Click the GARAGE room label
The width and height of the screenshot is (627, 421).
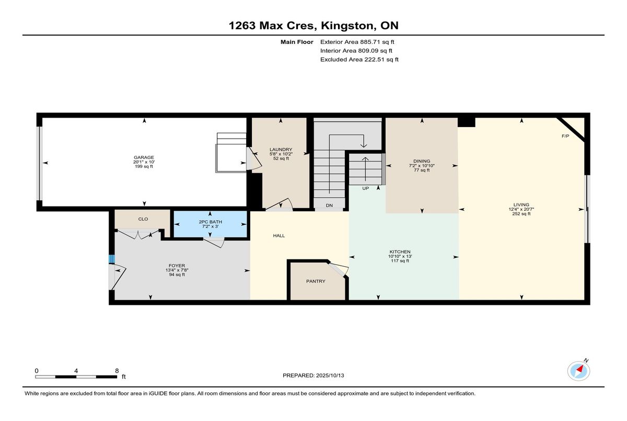pyautogui.click(x=144, y=157)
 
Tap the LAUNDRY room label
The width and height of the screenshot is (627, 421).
pyautogui.click(x=281, y=149)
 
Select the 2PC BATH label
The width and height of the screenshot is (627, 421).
pyautogui.click(x=210, y=222)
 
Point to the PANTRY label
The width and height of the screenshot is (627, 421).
pyautogui.click(x=316, y=281)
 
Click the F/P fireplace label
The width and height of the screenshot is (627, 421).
pyautogui.click(x=565, y=136)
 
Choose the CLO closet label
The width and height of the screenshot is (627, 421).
pyautogui.click(x=143, y=219)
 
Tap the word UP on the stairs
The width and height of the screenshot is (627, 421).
pyautogui.click(x=366, y=188)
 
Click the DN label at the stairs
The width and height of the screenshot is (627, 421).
pyautogui.click(x=329, y=206)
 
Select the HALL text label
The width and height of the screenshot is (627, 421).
pyautogui.click(x=279, y=236)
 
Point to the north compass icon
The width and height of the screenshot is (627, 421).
pyautogui.click(x=579, y=370)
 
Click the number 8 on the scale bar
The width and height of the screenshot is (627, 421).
pyautogui.click(x=117, y=370)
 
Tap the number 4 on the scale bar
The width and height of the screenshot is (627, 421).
pyautogui.click(x=77, y=370)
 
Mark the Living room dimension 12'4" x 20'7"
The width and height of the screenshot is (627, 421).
pyautogui.click(x=521, y=209)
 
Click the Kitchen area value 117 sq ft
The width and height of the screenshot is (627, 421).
pyautogui.click(x=400, y=261)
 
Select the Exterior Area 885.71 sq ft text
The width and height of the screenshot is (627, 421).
pyautogui.click(x=361, y=42)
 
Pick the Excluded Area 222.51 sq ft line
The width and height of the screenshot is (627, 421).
pyautogui.click(x=359, y=60)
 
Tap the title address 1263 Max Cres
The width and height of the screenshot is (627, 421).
pyautogui.click(x=272, y=26)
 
